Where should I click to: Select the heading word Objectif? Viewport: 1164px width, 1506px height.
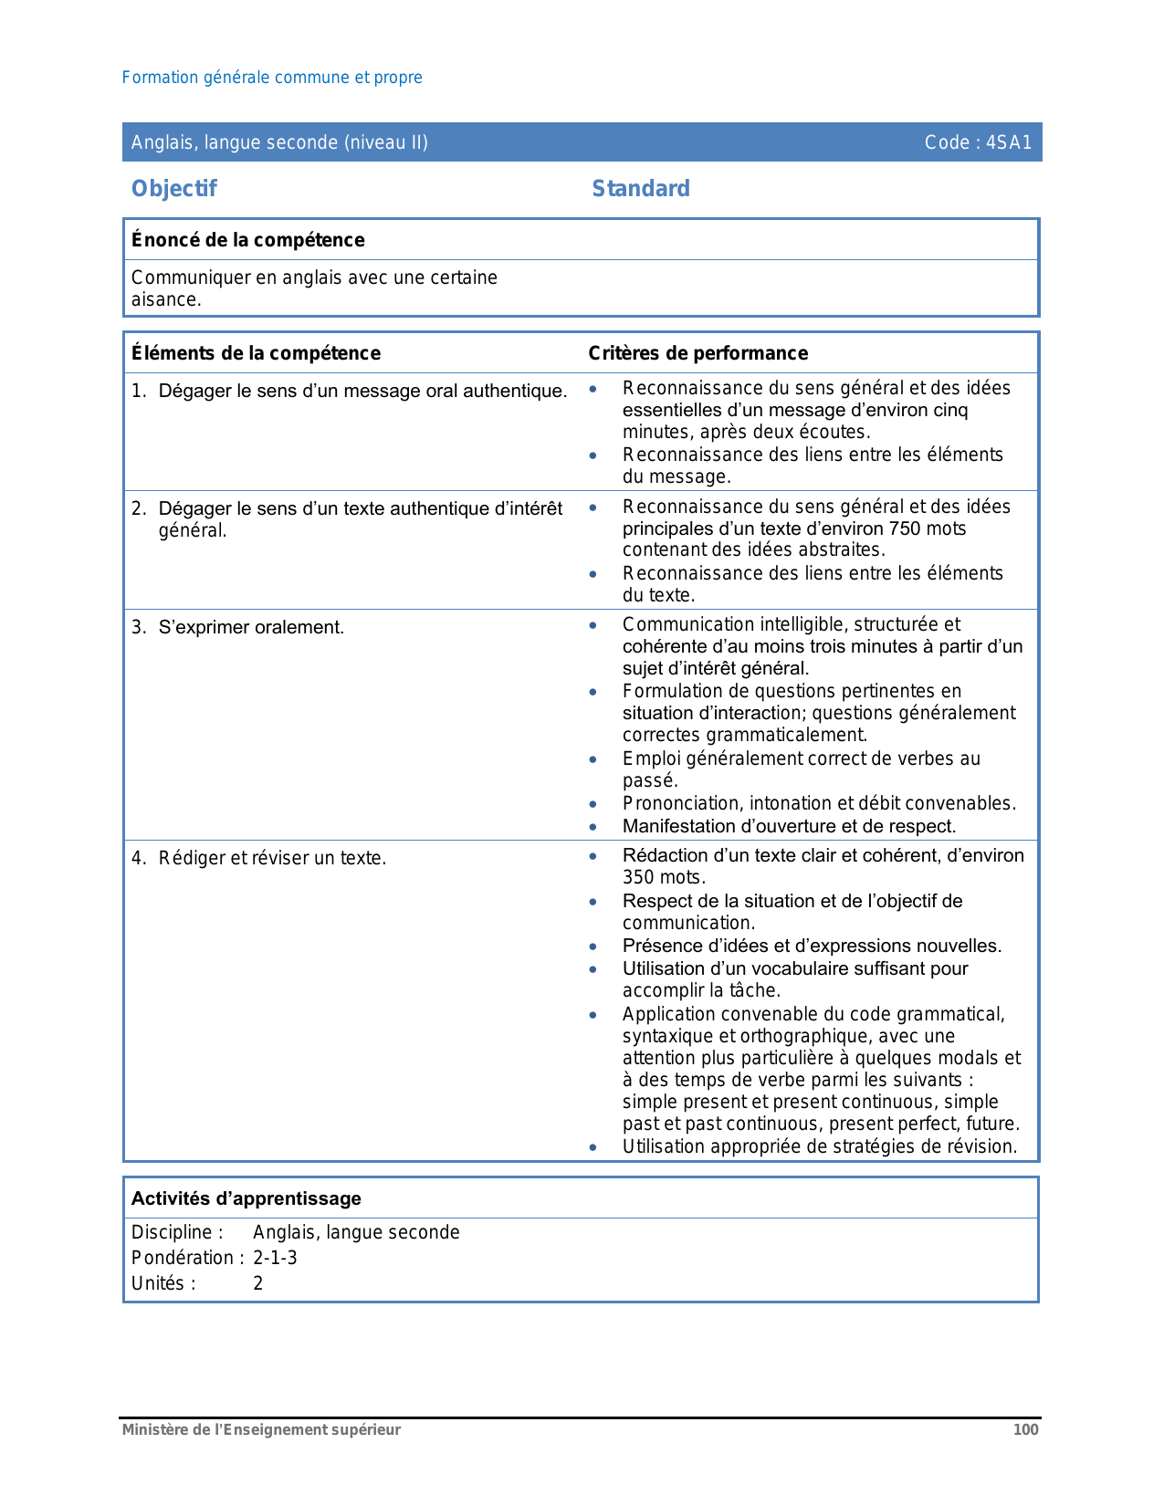point(173,189)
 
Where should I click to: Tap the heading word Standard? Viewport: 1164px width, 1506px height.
point(641,189)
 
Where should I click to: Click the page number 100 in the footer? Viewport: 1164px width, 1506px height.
point(1025,1429)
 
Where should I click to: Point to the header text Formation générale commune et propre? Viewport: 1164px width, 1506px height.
point(272,78)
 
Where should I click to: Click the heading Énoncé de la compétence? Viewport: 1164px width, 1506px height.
point(247,240)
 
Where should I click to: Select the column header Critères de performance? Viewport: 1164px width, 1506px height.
point(697,353)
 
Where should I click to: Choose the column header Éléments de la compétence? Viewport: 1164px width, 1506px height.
point(256,353)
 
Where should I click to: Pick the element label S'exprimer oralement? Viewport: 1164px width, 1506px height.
point(251,627)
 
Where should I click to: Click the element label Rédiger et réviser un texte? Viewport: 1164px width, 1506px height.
point(272,858)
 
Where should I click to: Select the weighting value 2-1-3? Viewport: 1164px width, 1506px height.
point(275,1258)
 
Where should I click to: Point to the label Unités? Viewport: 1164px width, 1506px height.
point(163,1283)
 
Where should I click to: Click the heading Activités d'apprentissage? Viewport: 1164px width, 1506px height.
point(246,1198)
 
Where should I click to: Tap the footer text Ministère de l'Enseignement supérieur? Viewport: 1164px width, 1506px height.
point(261,1429)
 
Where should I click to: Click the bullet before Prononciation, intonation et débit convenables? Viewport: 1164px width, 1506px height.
point(593,804)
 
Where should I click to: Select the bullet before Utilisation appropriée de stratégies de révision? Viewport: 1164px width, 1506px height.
point(593,1147)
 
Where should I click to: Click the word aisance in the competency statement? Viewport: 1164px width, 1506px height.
point(164,299)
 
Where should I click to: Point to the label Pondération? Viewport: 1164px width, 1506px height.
point(186,1258)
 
